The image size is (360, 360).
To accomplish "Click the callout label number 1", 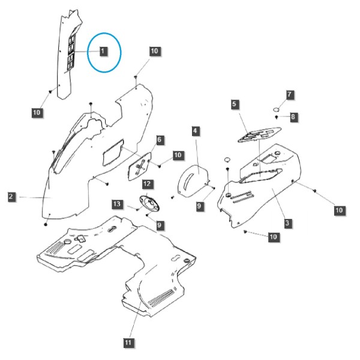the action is [x=103, y=51].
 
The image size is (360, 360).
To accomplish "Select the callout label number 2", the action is [x=11, y=197].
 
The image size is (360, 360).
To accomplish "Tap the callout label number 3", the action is [x=287, y=223].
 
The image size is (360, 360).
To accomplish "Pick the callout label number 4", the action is [x=195, y=131].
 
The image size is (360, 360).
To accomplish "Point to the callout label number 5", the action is [x=234, y=104].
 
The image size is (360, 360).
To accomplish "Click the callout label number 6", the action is [x=160, y=140].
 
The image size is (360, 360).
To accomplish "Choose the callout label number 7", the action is [x=289, y=94].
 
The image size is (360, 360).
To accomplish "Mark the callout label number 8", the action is [x=293, y=117].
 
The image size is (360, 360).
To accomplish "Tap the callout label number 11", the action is [x=128, y=343].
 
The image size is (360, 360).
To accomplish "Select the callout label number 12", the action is [x=147, y=184].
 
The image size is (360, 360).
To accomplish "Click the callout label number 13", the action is [x=117, y=204].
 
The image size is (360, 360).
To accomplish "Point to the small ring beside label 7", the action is [x=276, y=109].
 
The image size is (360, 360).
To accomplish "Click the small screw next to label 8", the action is [x=277, y=117].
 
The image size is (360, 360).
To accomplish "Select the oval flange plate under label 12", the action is [x=149, y=203].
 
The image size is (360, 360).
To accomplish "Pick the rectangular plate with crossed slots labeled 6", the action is [x=140, y=166].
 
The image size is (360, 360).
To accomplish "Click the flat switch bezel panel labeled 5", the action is [x=259, y=134].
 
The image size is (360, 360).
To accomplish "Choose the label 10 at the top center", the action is [x=154, y=51].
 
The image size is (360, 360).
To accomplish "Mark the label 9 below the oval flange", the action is [x=160, y=225].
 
